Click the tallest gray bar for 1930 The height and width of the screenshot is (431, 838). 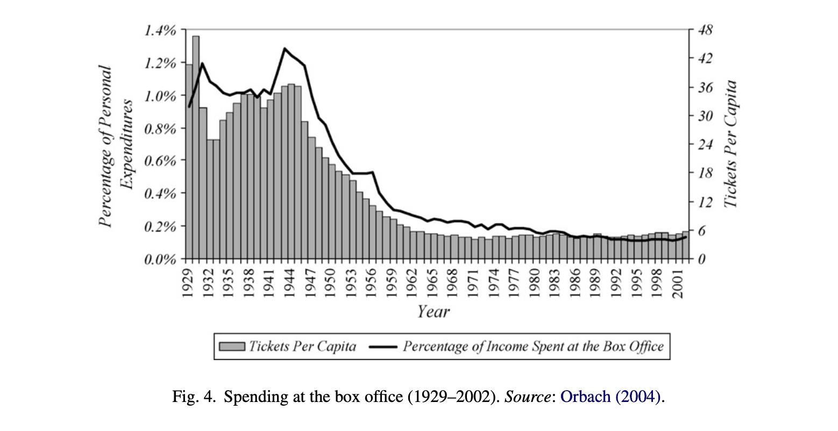[x=196, y=147]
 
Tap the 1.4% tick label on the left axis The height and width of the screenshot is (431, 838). [x=160, y=31]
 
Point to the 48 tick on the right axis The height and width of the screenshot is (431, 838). [x=705, y=30]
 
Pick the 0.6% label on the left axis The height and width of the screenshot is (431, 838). [x=160, y=161]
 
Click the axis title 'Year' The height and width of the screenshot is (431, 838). [x=433, y=311]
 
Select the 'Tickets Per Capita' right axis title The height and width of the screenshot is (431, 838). [x=730, y=144]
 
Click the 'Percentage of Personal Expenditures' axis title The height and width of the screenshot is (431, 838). [x=116, y=146]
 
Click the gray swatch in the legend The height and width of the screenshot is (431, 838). [x=232, y=347]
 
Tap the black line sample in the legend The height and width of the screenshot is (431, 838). [x=383, y=347]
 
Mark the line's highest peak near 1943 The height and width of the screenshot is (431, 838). [x=285, y=48]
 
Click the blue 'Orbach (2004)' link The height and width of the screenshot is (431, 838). [x=610, y=397]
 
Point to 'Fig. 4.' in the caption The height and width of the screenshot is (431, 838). [x=194, y=397]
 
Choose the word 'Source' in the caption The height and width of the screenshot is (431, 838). [x=527, y=397]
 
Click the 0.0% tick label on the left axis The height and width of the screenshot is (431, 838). [x=160, y=260]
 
